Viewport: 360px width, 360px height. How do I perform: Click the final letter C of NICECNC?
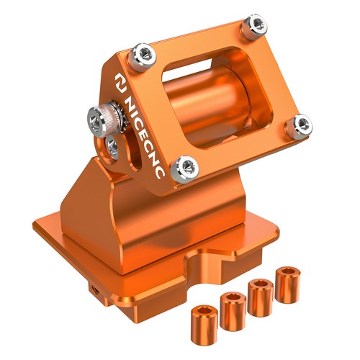click(x=160, y=172)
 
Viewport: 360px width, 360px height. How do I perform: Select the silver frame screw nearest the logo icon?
click(x=142, y=57)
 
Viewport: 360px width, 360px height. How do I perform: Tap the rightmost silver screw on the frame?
click(x=299, y=126)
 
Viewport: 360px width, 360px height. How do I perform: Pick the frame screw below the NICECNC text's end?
click(x=184, y=169)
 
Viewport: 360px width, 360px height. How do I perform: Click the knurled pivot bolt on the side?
click(x=103, y=120)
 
